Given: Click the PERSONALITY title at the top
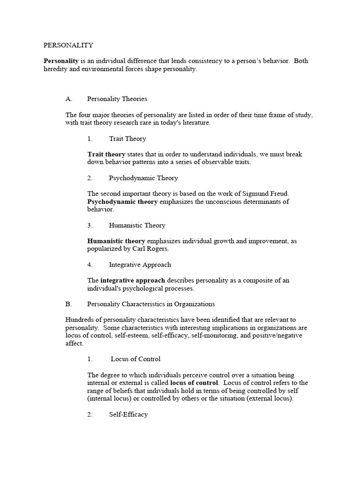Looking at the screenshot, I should click(x=69, y=46).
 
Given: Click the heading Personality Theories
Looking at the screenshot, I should click(x=117, y=99).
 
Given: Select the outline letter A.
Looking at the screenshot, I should click(x=69, y=99).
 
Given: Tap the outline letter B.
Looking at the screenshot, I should click(x=68, y=304).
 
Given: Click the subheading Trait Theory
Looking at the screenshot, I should click(x=127, y=139).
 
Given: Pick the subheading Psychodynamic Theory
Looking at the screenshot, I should click(x=143, y=178).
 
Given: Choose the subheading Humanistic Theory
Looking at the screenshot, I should click(x=137, y=225).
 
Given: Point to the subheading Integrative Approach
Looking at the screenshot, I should click(x=140, y=265).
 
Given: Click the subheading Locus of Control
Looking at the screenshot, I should click(x=136, y=359).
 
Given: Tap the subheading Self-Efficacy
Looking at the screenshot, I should click(x=128, y=415).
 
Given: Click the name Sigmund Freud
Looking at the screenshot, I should click(x=266, y=194).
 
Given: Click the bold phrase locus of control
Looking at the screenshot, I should click(x=195, y=383).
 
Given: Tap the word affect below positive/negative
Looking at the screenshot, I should click(x=74, y=343).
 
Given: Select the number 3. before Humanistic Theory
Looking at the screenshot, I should click(x=90, y=225).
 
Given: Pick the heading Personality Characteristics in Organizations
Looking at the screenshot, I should click(x=151, y=304).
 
